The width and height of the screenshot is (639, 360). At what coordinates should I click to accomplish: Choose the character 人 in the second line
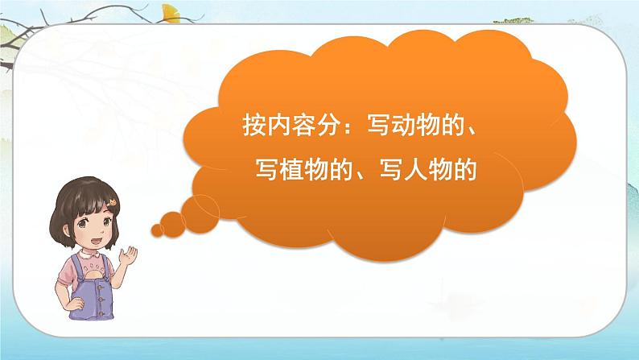tap(425, 168)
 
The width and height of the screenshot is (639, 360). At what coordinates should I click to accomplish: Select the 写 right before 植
tap(277, 168)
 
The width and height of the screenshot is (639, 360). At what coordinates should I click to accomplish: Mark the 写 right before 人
tap(400, 168)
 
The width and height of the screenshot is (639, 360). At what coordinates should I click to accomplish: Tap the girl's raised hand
tap(126, 259)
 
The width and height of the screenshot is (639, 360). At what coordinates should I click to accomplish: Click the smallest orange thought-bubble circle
tap(158, 230)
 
